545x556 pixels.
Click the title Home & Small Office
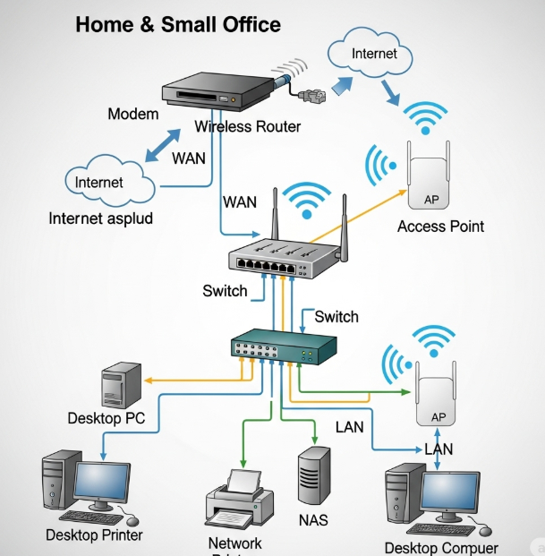(178, 24)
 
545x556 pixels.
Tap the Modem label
(132, 114)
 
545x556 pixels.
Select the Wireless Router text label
(248, 126)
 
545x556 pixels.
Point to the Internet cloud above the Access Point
(374, 54)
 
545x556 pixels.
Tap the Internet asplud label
(101, 218)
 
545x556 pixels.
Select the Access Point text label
(440, 227)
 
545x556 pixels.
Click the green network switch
(284, 346)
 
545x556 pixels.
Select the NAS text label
(312, 520)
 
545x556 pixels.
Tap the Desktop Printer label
(94, 535)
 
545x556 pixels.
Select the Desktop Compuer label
(441, 547)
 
